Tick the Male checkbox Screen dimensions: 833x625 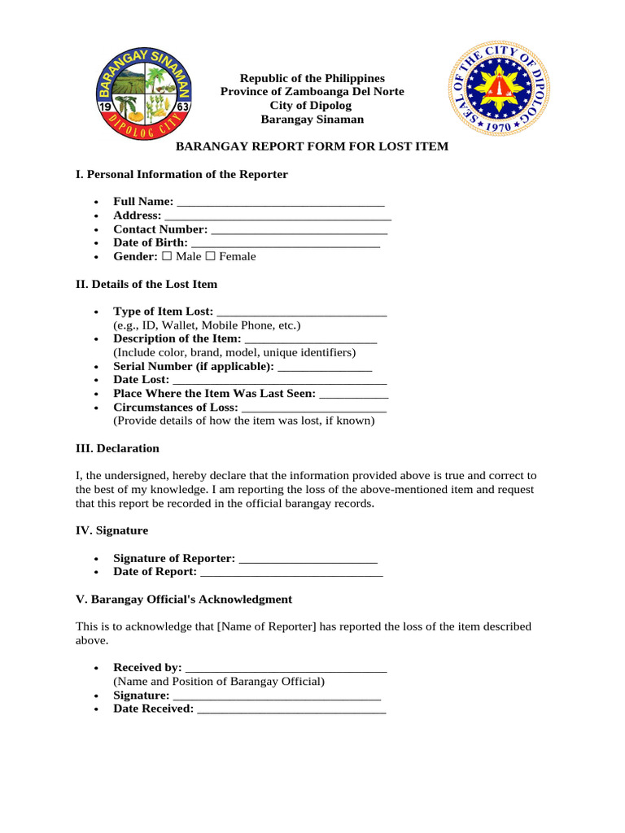(166, 256)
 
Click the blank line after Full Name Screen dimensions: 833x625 (280, 202)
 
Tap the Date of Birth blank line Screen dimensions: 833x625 (286, 243)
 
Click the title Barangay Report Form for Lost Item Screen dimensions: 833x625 (312, 146)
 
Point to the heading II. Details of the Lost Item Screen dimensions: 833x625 (146, 285)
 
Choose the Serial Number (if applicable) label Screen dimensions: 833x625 (194, 366)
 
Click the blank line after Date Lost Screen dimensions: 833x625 (280, 380)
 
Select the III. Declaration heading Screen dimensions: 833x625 (117, 448)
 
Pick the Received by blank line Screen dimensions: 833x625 (286, 668)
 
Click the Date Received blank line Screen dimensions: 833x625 (291, 709)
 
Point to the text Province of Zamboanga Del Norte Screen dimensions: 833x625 (312, 91)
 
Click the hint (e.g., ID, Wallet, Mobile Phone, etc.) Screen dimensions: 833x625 (207, 325)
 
